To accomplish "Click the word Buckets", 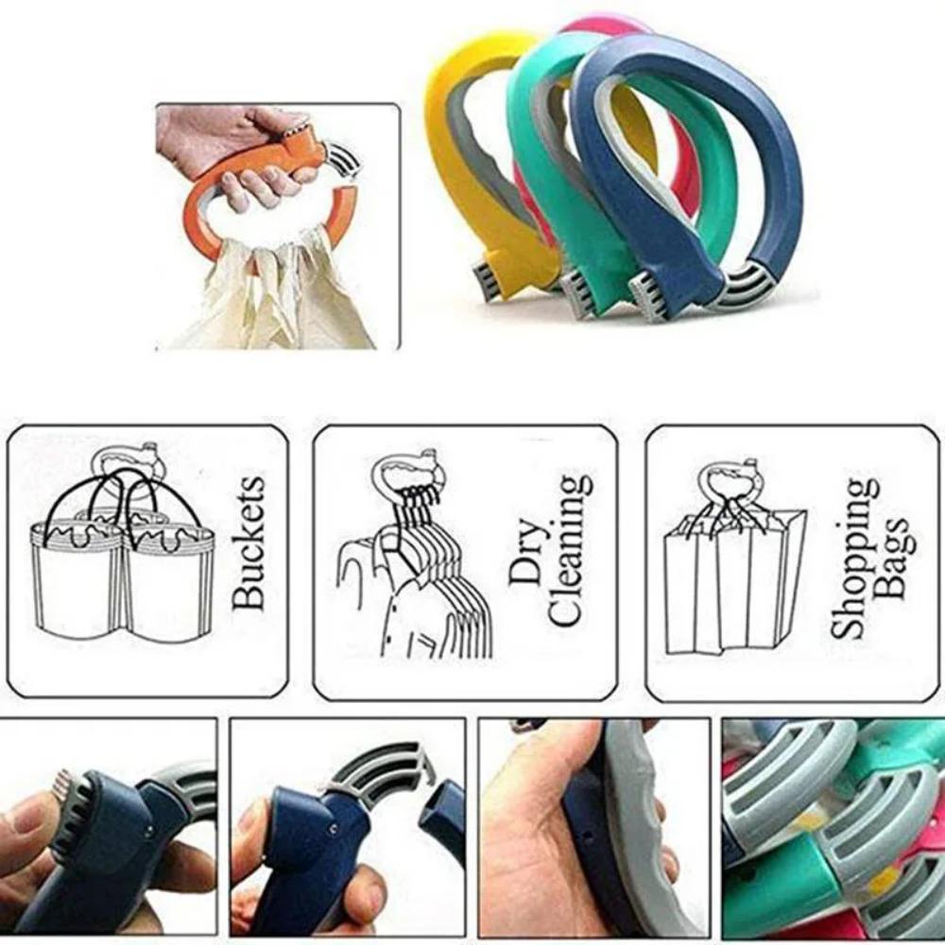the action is pyautogui.click(x=249, y=542).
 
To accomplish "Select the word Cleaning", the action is pyautogui.click(x=570, y=551).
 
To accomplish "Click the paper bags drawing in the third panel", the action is pyautogui.click(x=735, y=578).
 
